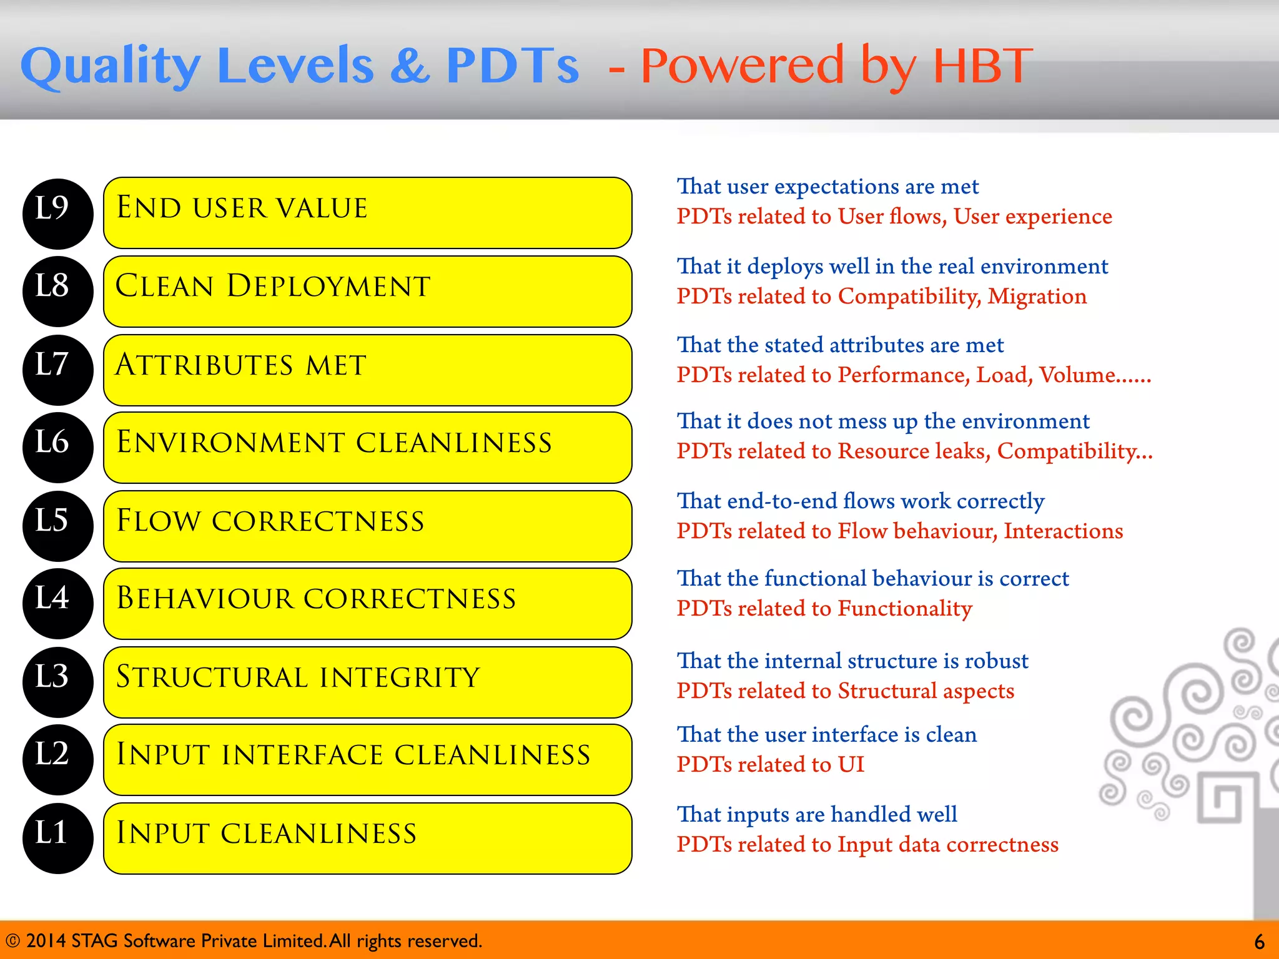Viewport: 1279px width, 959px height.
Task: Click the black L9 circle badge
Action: pos(57,214)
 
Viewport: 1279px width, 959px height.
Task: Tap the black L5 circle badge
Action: pos(57,526)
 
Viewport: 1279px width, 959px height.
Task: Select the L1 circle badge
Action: pos(57,838)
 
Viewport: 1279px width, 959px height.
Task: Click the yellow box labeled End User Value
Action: pos(367,213)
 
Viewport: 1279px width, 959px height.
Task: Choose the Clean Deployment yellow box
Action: pos(367,292)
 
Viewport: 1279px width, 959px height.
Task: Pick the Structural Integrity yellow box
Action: pos(367,682)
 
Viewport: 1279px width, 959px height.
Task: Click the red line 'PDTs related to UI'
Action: pos(770,764)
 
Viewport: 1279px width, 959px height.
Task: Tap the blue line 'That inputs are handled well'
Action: pos(817,814)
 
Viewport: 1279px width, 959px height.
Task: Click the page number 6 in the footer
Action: pos(1259,942)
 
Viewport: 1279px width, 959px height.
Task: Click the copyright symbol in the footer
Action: pos(12,941)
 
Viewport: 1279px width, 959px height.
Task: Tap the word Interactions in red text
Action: pos(1063,531)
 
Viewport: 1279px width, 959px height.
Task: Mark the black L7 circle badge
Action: pos(57,370)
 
